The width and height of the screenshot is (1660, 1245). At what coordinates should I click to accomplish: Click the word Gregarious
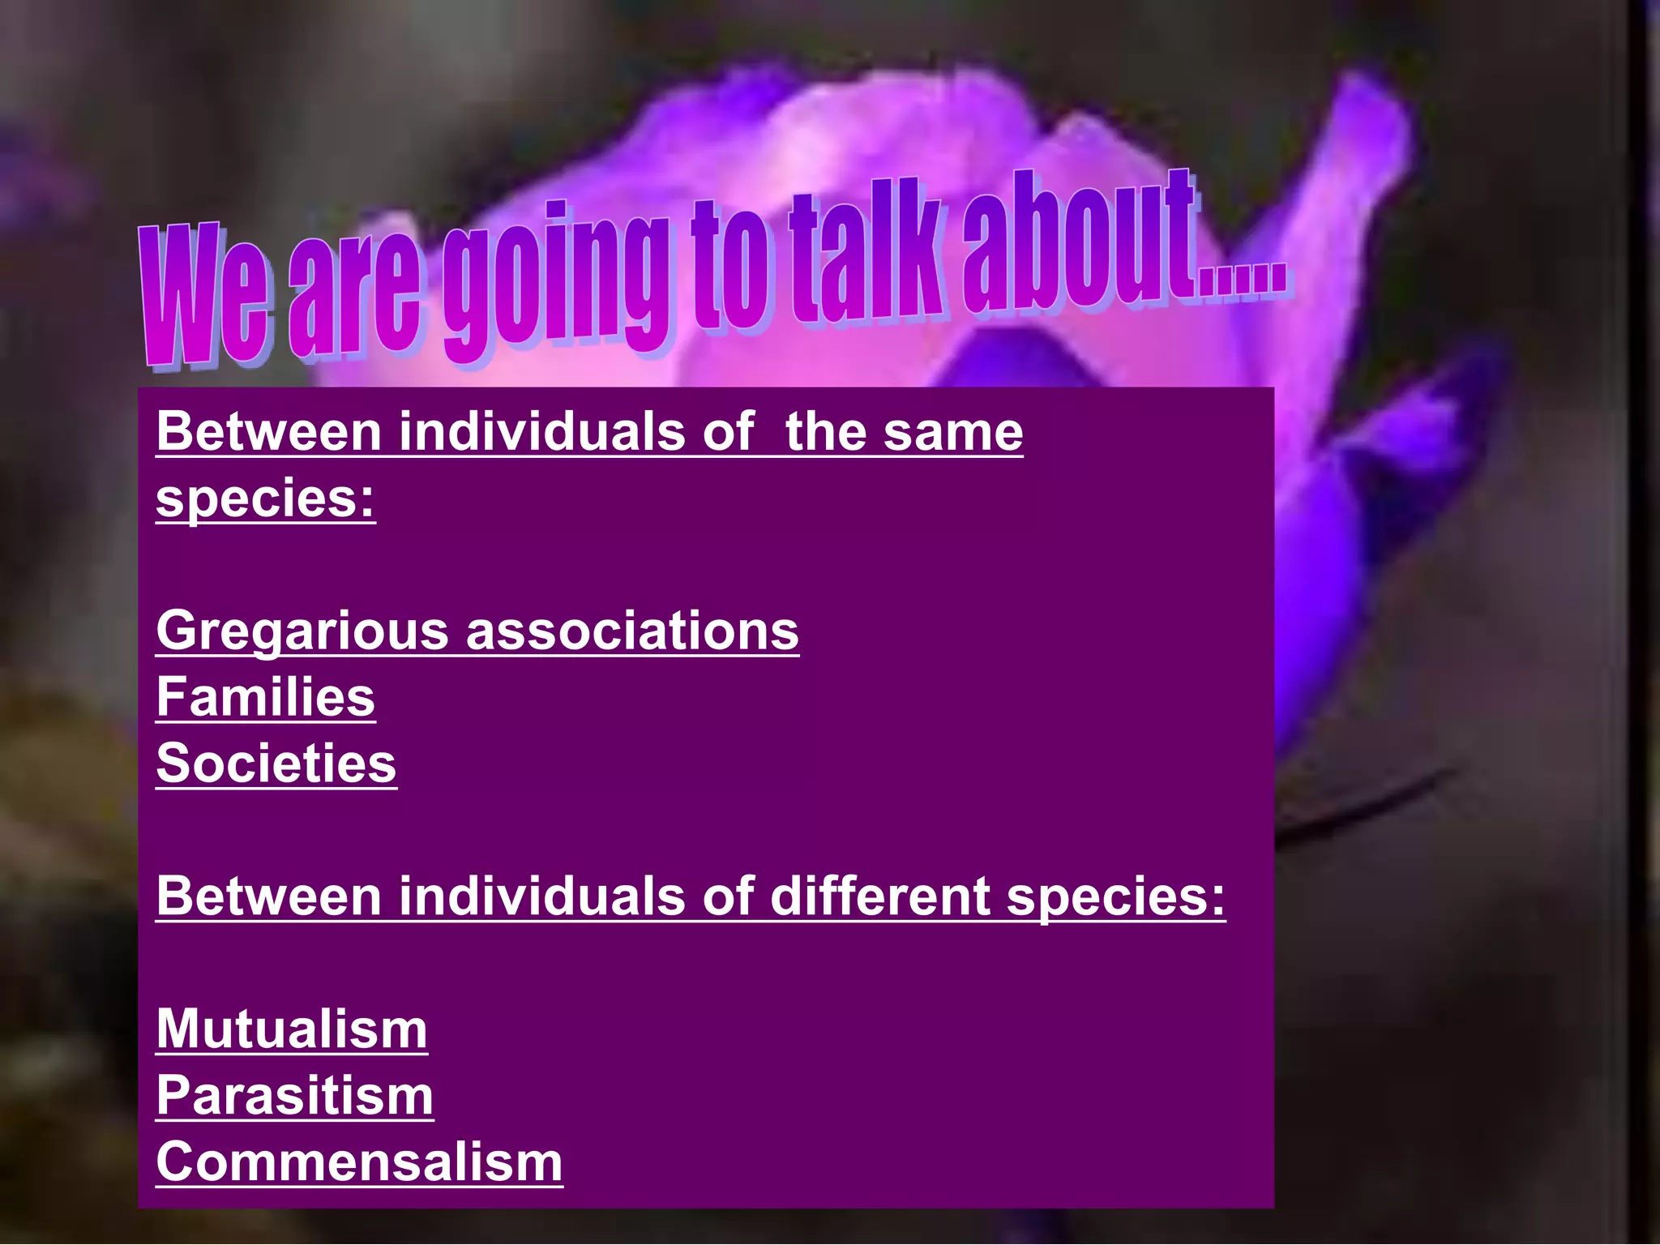pos(302,632)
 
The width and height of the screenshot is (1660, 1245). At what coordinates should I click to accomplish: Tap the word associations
pos(632,631)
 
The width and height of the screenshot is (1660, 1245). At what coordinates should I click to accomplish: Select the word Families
pos(265,697)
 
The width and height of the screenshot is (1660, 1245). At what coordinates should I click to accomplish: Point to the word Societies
pos(276,764)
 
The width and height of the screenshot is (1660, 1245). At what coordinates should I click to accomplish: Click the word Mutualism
pos(291,1029)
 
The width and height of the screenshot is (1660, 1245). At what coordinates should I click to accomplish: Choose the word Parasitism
pos(294,1096)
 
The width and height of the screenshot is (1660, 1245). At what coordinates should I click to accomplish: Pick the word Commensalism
pos(359,1162)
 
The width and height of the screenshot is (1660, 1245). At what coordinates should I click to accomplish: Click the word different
pos(879,896)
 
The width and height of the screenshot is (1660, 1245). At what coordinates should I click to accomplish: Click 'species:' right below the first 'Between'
pos(265,499)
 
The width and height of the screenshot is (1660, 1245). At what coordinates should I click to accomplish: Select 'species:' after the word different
pos(1115,898)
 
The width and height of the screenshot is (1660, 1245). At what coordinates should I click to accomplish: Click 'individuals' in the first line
pos(541,431)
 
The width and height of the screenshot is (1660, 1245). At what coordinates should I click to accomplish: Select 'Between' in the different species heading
pos(268,896)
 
